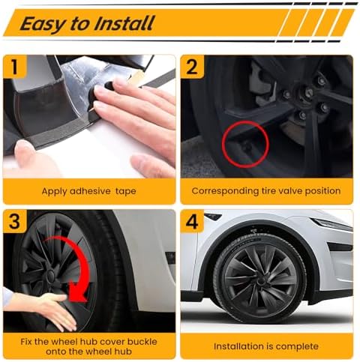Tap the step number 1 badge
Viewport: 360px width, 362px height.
(x=15, y=67)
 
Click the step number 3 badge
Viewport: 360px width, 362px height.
(x=15, y=222)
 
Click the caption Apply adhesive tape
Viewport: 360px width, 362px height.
(x=89, y=191)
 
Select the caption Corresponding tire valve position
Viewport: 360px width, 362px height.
(x=265, y=191)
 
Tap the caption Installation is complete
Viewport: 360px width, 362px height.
(x=265, y=346)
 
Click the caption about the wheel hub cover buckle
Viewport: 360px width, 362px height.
(x=89, y=346)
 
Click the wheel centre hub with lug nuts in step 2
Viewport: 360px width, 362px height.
(x=308, y=94)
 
